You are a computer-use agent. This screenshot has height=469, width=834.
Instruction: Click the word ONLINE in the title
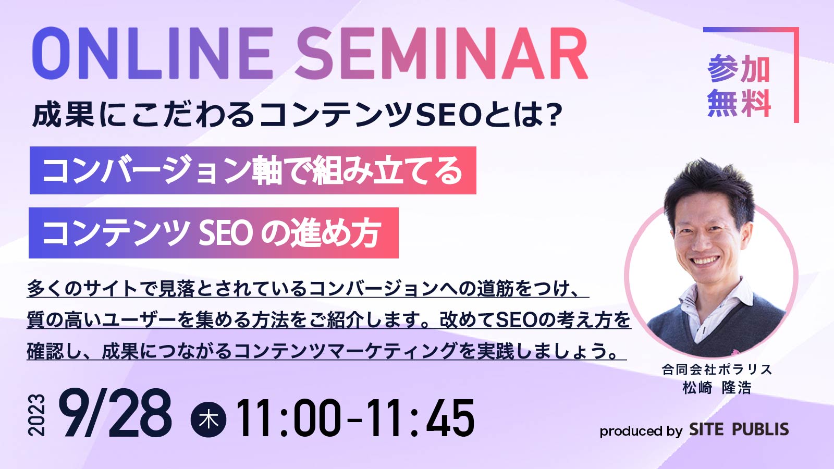coord(153,53)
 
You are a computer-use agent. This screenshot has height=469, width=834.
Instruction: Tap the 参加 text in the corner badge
coord(739,69)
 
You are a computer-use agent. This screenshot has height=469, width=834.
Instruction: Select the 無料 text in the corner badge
coord(739,103)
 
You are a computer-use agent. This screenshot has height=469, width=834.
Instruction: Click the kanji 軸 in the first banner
coord(267,171)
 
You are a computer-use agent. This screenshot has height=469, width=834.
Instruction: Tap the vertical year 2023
coord(37,415)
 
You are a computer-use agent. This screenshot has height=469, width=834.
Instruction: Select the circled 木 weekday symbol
coord(208,419)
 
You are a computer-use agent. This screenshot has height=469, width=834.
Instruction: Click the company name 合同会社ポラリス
coord(717,369)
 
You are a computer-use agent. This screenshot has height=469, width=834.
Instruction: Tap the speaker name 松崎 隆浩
coord(717,388)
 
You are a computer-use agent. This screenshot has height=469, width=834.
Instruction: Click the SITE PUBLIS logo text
coord(739,429)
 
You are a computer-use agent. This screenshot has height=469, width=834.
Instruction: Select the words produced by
coord(641,431)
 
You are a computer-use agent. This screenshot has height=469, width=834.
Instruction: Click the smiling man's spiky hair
coord(709,186)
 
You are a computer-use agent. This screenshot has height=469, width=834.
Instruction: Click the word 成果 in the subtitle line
coord(63,115)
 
